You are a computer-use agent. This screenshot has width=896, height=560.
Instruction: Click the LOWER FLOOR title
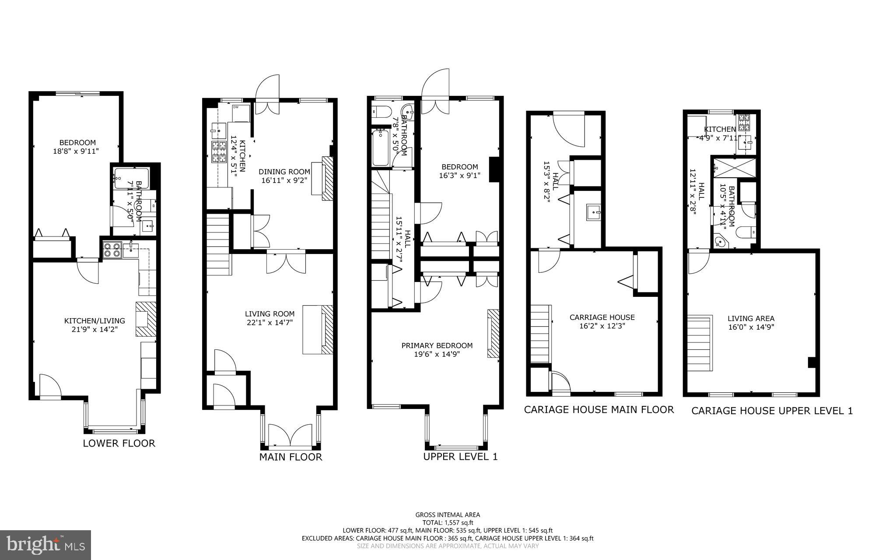coord(119,443)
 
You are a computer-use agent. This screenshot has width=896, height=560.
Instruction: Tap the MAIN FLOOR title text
coord(290,457)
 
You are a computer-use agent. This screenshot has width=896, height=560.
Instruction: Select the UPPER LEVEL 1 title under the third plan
coord(460,457)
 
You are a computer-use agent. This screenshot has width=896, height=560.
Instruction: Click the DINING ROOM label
coord(284,172)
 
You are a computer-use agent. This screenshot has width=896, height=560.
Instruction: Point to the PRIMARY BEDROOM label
coord(437,345)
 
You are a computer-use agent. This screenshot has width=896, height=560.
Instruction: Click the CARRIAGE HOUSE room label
coord(602,317)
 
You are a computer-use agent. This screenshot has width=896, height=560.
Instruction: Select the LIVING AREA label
coord(751,318)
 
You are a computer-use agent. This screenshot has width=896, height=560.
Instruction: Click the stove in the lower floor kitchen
coord(111,250)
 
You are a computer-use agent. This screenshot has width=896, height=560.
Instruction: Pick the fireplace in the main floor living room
coord(327,329)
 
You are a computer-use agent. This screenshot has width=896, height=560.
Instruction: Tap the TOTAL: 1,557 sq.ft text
coord(448,522)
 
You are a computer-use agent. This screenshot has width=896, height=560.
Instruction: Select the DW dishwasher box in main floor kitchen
coord(241,113)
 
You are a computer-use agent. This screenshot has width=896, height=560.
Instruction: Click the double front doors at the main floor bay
coord(290,435)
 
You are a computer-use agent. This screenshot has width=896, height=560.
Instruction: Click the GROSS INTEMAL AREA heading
coord(448,515)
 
